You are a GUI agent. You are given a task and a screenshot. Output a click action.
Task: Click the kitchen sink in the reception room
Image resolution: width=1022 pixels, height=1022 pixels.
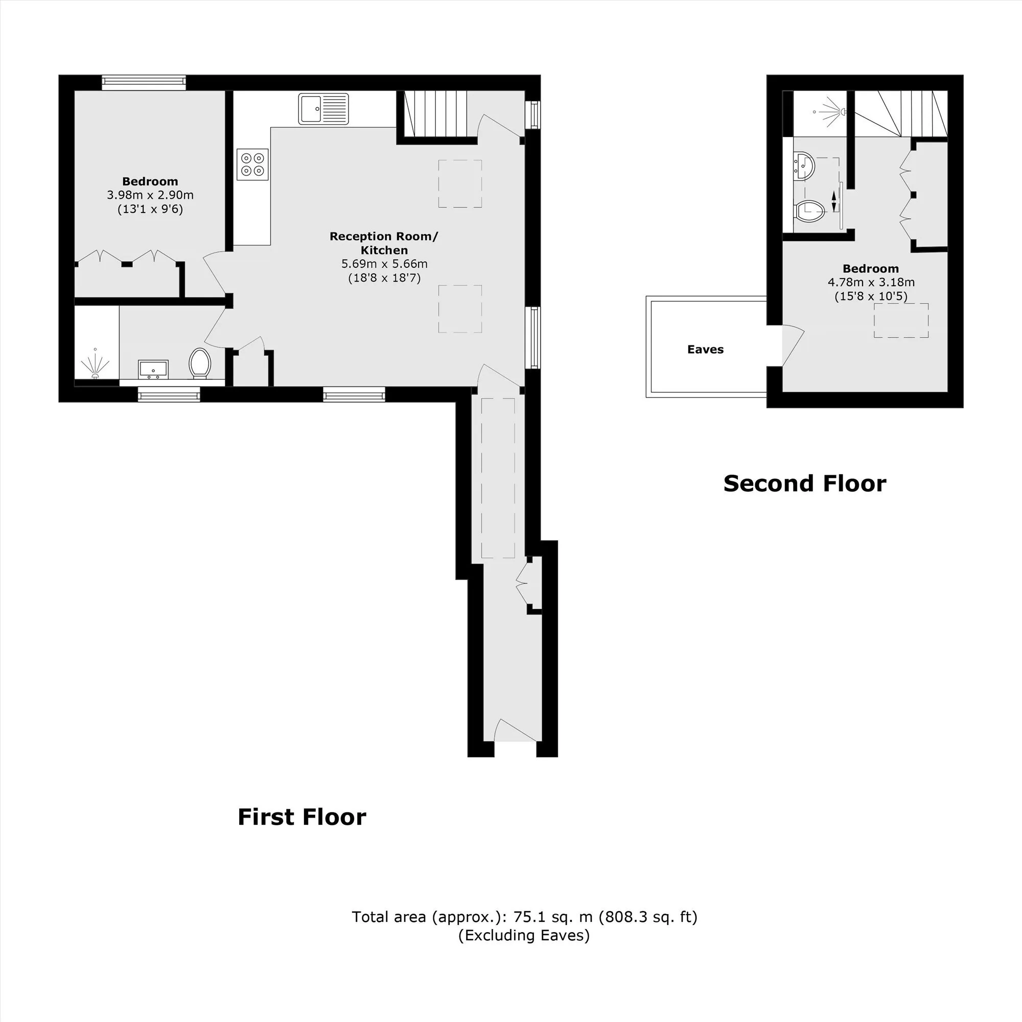tap(323, 109)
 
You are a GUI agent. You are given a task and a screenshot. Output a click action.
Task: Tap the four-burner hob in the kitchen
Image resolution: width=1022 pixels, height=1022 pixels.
tap(253, 164)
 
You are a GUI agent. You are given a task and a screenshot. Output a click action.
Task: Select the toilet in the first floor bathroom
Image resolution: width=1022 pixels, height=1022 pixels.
tap(200, 363)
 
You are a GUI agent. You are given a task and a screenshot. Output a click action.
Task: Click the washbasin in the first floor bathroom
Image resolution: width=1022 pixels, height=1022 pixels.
tap(153, 369)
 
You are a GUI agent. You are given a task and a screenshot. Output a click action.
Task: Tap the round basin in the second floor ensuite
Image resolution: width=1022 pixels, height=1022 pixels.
tap(804, 165)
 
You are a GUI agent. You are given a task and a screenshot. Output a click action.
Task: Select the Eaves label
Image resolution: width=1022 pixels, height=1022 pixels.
tap(705, 349)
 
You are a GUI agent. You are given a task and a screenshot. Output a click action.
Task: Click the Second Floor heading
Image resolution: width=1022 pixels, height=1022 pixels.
tap(805, 483)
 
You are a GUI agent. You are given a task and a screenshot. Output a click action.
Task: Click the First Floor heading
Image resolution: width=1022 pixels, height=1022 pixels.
tap(301, 817)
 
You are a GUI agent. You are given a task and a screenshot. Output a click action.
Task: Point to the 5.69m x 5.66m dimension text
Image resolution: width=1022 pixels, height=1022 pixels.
tap(385, 264)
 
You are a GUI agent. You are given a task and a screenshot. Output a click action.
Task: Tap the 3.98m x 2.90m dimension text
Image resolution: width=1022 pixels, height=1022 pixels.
tap(150, 195)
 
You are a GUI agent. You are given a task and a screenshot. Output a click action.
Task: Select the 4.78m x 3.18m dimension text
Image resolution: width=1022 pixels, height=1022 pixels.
tap(871, 282)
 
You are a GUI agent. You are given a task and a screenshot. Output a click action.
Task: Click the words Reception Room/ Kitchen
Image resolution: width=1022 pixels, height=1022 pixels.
tap(384, 243)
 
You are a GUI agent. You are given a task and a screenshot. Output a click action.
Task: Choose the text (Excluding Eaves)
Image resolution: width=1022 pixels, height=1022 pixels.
tap(524, 935)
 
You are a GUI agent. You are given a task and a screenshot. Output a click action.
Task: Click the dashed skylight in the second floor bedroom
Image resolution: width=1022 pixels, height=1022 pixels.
tap(901, 320)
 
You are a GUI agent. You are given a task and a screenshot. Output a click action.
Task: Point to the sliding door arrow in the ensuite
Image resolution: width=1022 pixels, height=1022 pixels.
tap(835, 201)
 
